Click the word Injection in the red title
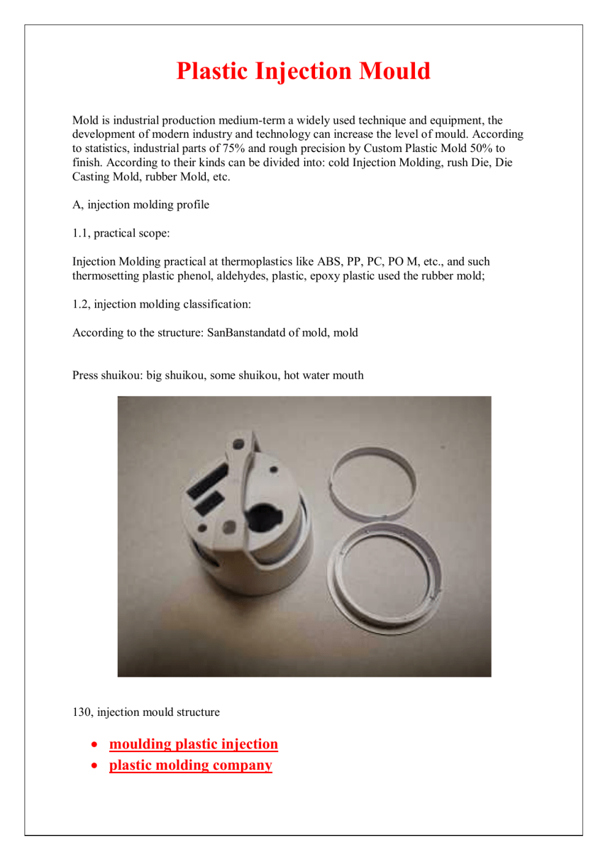tap(303, 72)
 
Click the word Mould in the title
tap(395, 72)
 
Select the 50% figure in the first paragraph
tap(481, 148)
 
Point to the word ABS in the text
tap(329, 262)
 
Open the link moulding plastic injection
tap(194, 744)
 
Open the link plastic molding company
tap(191, 766)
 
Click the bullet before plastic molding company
tap(94, 766)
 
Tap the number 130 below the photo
tap(82, 712)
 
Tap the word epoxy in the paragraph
tap(324, 276)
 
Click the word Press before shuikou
tap(85, 375)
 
